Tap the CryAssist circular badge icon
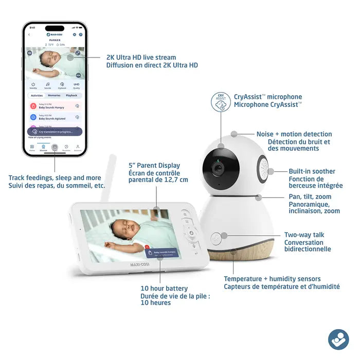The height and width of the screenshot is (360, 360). click(221, 102)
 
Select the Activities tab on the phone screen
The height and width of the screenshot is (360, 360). click(37, 95)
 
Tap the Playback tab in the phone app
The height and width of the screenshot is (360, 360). click(71, 95)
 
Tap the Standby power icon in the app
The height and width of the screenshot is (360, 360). click(33, 84)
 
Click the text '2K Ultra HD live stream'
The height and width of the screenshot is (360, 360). click(141, 58)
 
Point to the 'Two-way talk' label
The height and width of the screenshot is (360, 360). click(304, 235)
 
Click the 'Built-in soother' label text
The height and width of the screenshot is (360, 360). click(312, 171)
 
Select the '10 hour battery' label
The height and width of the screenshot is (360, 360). click(164, 289)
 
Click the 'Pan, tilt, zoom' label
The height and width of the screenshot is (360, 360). click(310, 196)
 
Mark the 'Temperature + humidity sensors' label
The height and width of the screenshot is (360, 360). click(272, 279)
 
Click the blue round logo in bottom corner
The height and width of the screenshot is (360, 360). click(338, 339)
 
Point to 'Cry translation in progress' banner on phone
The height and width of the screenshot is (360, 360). click(55, 132)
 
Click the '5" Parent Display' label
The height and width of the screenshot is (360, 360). click(154, 166)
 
